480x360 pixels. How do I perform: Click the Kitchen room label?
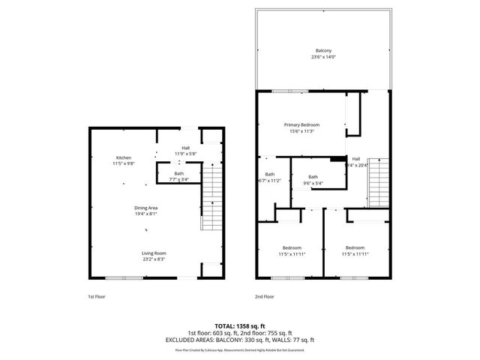click(124, 157)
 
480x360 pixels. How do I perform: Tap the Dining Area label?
click(147, 207)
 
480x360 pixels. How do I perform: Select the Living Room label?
click(154, 253)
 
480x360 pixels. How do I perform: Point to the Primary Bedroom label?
click(301, 124)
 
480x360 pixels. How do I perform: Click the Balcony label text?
click(323, 51)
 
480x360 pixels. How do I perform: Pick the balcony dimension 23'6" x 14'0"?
click(323, 57)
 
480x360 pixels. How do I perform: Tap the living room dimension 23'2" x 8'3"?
click(154, 259)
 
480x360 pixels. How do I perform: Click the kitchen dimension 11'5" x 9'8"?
click(124, 163)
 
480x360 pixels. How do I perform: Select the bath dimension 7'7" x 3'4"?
click(178, 179)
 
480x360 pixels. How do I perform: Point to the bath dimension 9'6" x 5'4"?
click(313, 182)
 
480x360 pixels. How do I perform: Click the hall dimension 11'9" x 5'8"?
click(185, 154)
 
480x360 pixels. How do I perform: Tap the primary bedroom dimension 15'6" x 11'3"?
click(301, 130)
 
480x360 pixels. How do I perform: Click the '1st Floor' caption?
click(97, 296)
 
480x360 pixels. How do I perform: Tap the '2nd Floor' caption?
click(264, 296)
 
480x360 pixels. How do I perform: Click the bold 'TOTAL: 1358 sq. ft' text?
click(239, 326)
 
